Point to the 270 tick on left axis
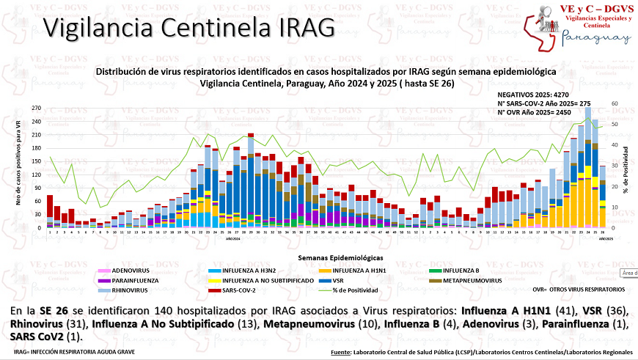pyautogui.click(x=36, y=107)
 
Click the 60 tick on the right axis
pyautogui.click(x=615, y=104)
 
